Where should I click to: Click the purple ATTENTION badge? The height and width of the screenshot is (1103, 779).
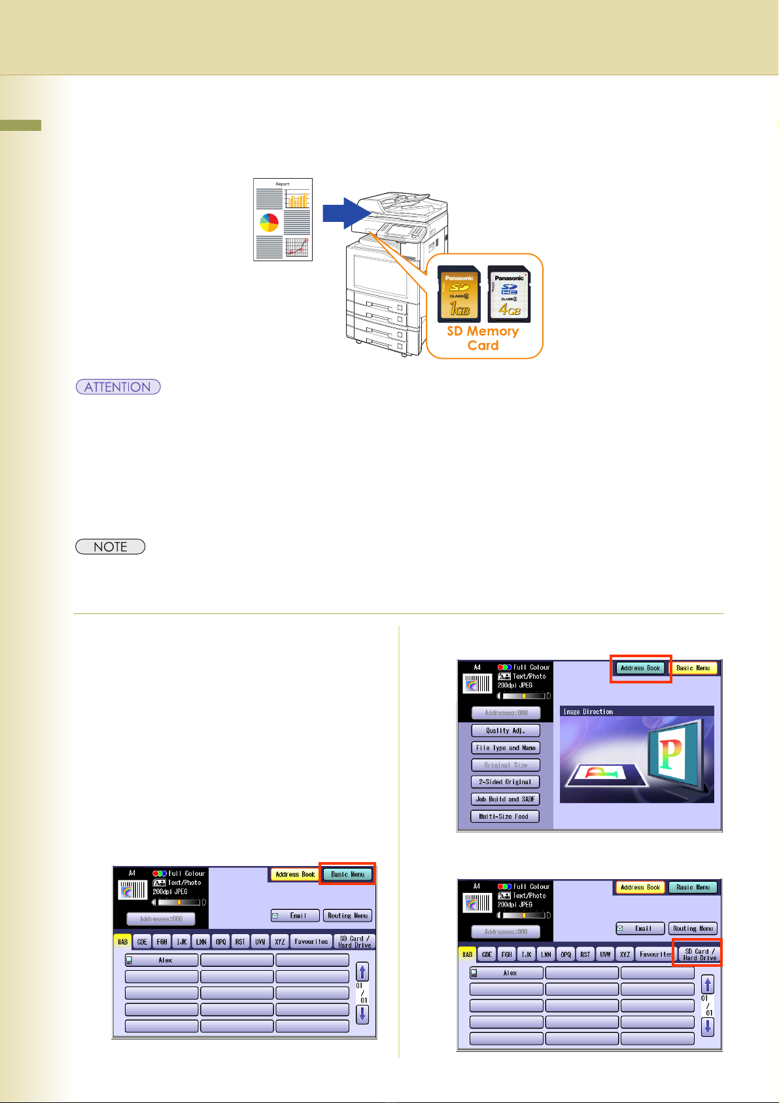coord(118,387)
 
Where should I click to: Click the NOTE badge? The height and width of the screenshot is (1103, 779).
coord(110,547)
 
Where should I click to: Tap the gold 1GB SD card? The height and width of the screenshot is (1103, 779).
coord(459,294)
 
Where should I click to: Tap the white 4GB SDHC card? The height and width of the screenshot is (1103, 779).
coord(509,294)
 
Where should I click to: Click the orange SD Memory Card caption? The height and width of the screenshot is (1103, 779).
coord(483,338)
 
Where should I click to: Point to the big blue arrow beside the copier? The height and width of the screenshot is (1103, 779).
coord(347,213)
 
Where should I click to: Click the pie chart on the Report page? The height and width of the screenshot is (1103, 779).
coord(269,223)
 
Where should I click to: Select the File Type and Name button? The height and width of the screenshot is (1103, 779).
coord(506,748)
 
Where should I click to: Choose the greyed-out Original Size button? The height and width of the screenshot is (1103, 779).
coord(506,765)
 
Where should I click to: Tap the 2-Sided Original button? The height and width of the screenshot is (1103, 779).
coord(506,782)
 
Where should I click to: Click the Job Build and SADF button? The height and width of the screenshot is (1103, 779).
coord(506,799)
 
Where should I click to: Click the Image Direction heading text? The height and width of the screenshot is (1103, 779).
coord(589,712)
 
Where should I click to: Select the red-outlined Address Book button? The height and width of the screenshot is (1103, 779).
coord(640,668)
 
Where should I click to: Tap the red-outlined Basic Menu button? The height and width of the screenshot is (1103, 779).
coord(347,875)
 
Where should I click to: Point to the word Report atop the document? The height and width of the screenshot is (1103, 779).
coord(283,184)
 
